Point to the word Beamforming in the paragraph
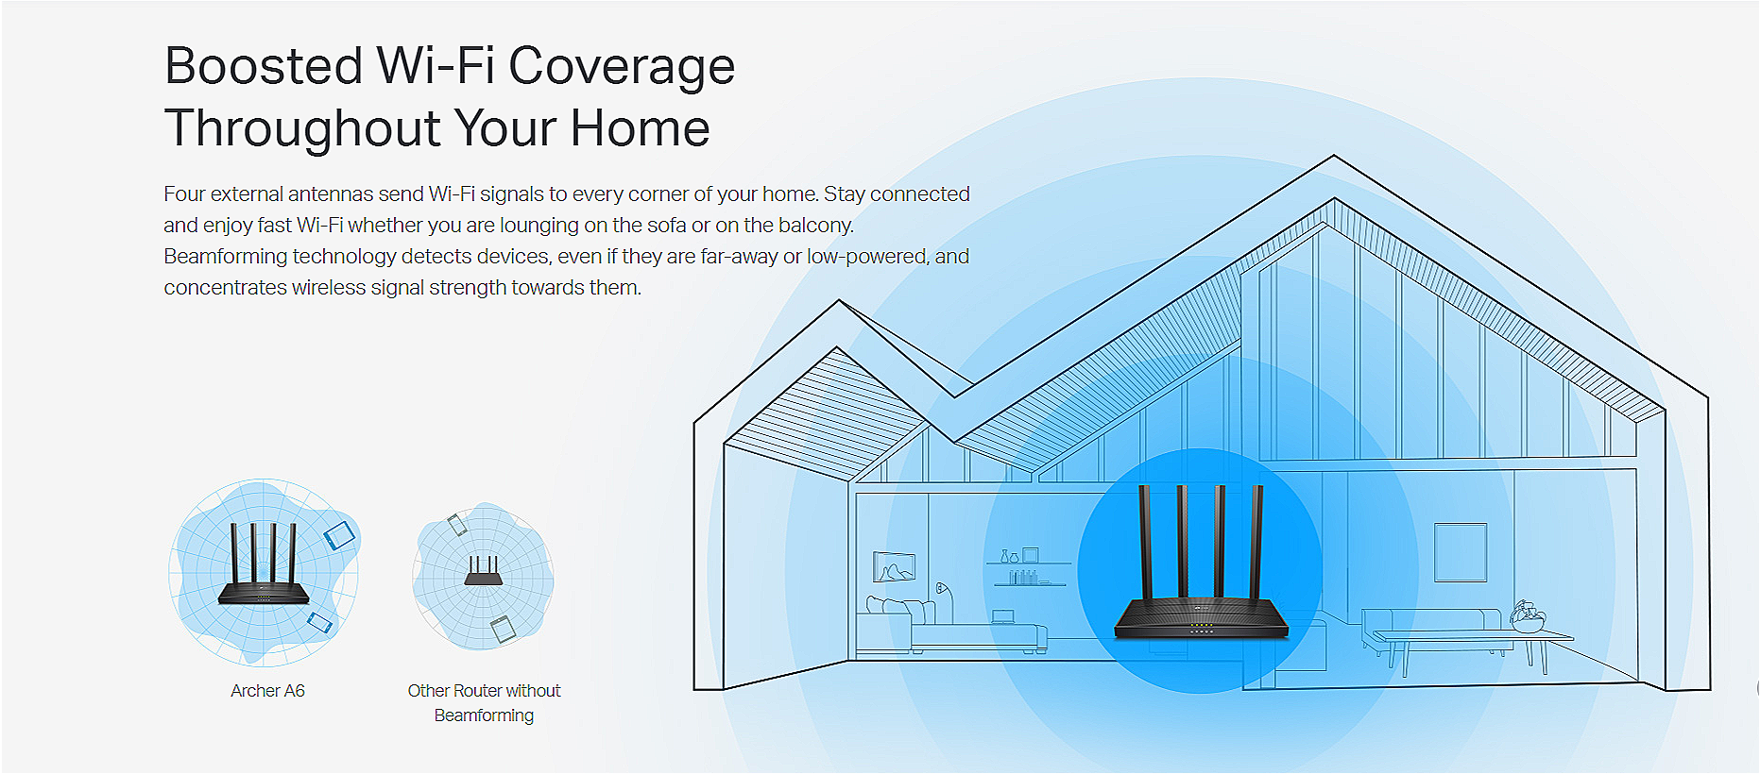pos(225,257)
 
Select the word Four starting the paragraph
pos(184,193)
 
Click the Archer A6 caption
pos(267,691)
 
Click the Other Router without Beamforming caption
pos(484,703)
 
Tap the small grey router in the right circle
pos(483,570)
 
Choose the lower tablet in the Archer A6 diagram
pos(320,622)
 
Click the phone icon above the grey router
pos(457,524)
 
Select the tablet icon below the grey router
pos(502,629)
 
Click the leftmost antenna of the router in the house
pos(1146,542)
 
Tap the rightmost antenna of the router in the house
pos(1256,542)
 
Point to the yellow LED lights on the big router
pos(1202,625)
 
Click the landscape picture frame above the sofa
pos(894,566)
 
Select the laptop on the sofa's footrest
pos(1002,617)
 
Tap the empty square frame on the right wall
pos(1461,552)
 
